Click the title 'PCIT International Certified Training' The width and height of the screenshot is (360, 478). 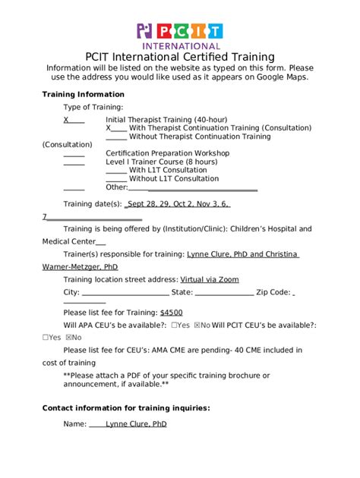coord(179,57)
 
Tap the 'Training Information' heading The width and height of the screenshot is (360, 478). coord(80,94)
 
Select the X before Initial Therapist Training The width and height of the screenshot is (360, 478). coord(66,120)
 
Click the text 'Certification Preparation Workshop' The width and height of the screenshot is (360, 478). coord(168,153)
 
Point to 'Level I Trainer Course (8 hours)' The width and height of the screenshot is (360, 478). coord(161,162)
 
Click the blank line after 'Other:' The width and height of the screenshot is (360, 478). coord(194,187)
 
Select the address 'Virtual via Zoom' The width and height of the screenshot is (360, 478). coord(209,279)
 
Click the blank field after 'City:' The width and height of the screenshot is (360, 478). coord(125,292)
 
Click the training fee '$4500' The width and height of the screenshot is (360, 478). coord(171,312)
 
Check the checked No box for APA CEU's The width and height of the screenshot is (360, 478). coord(197,325)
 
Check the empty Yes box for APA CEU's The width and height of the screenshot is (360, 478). coord(175,325)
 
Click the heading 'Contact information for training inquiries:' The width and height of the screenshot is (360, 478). coord(126,407)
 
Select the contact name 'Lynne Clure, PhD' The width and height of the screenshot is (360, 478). coord(136,424)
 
